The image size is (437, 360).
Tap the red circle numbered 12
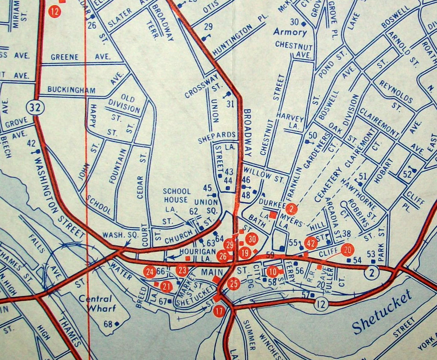pos(54,12)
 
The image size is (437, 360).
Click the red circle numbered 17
pos(218,311)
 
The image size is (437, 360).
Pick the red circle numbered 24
pos(150,271)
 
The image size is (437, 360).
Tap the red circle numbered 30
pos(252,239)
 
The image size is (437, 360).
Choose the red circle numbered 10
pos(272,270)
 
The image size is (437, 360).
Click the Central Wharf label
pos(95,303)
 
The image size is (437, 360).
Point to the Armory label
pos(290,32)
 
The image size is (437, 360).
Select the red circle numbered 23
pos(182,270)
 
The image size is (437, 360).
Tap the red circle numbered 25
pos(233,284)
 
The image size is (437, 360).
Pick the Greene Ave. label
pos(80,57)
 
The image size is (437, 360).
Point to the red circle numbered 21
pos(166,287)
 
